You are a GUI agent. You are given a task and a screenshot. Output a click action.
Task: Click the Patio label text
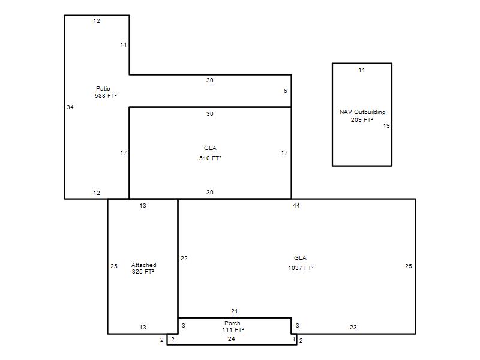click(x=103, y=88)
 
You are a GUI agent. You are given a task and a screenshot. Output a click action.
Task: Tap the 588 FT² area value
click(x=106, y=96)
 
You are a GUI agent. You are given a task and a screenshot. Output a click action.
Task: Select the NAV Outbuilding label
click(x=362, y=112)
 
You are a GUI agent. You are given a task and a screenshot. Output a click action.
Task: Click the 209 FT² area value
click(x=362, y=119)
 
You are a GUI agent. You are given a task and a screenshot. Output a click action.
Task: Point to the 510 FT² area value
click(x=210, y=158)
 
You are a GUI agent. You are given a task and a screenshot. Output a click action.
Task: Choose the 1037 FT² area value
click(x=301, y=268)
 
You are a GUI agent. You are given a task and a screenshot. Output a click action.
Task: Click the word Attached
click(x=144, y=265)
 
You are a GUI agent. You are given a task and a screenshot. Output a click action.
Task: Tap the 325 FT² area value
click(x=143, y=272)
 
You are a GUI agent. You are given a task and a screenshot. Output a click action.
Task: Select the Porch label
click(x=232, y=323)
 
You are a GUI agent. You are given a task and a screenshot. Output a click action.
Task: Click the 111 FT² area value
click(x=233, y=329)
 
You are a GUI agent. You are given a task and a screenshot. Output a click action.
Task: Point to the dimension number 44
click(x=296, y=206)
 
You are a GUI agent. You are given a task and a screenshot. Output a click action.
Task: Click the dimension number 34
click(x=70, y=107)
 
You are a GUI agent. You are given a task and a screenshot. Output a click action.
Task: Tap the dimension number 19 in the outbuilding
click(x=386, y=126)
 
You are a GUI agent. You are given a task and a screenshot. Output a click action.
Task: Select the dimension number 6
click(x=286, y=91)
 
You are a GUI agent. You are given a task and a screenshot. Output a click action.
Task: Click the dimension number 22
click(x=184, y=259)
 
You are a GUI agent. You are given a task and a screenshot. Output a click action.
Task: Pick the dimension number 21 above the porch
click(x=234, y=311)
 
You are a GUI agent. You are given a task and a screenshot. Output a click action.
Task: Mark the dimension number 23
click(x=353, y=327)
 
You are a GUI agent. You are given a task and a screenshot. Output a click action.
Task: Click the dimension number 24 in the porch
click(x=232, y=338)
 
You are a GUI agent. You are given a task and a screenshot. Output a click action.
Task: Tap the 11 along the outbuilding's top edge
click(x=362, y=70)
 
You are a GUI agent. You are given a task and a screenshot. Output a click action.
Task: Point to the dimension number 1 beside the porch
click(x=294, y=340)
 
